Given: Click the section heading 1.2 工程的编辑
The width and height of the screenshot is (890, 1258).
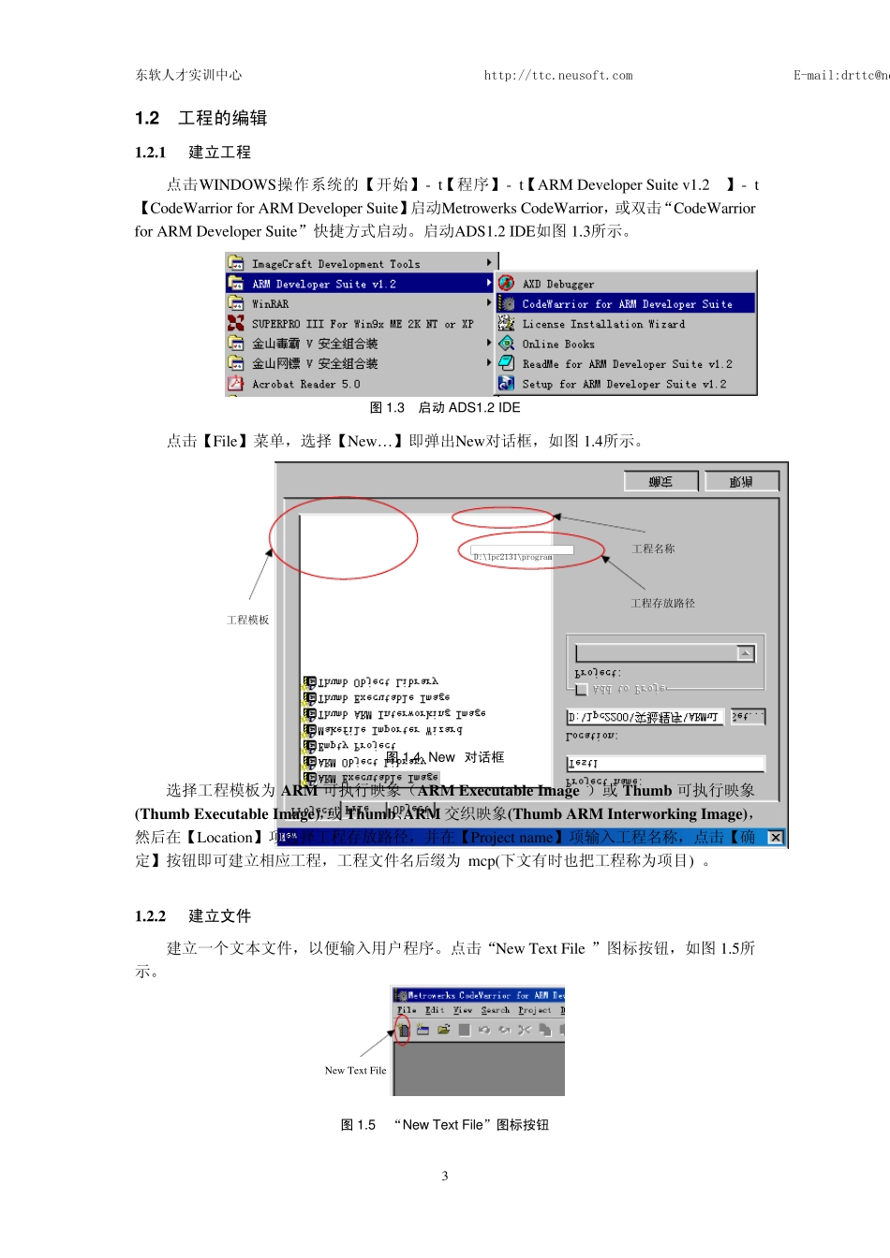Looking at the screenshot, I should click(x=201, y=118).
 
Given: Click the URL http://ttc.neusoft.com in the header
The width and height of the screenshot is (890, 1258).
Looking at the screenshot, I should click(x=557, y=76).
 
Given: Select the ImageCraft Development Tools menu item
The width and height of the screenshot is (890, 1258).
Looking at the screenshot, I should click(x=335, y=264).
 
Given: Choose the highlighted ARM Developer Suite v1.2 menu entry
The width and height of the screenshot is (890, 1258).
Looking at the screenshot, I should click(x=323, y=284).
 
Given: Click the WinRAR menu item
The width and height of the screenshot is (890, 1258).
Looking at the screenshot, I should click(x=270, y=304).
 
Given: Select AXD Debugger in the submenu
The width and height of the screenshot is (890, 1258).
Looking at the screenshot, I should click(x=557, y=284).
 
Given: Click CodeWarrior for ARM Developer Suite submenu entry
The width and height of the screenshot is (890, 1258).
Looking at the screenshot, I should click(x=627, y=304).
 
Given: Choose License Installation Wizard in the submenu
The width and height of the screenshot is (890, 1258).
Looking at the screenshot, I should click(x=602, y=324).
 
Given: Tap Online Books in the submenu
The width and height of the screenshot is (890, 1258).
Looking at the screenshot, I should click(x=557, y=344).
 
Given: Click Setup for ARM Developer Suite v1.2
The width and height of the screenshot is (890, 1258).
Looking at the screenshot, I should click(x=623, y=384).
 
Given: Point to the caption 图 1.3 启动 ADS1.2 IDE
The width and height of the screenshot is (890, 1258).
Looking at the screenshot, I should click(x=445, y=408).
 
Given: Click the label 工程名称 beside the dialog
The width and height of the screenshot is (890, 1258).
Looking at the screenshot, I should click(x=653, y=549).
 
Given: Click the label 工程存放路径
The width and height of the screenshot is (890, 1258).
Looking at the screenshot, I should click(x=662, y=604).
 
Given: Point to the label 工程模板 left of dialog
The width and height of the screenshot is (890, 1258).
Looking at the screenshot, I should click(x=247, y=620).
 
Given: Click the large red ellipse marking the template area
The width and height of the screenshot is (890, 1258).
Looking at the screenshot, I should click(x=343, y=538).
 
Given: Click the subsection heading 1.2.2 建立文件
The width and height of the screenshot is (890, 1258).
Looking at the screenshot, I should click(x=193, y=916).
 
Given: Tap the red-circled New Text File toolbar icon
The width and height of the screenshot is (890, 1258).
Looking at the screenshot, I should click(x=403, y=1031).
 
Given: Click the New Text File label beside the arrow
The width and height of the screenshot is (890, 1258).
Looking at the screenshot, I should click(x=355, y=1071).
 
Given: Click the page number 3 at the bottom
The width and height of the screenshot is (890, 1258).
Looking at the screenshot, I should click(x=445, y=1176).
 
